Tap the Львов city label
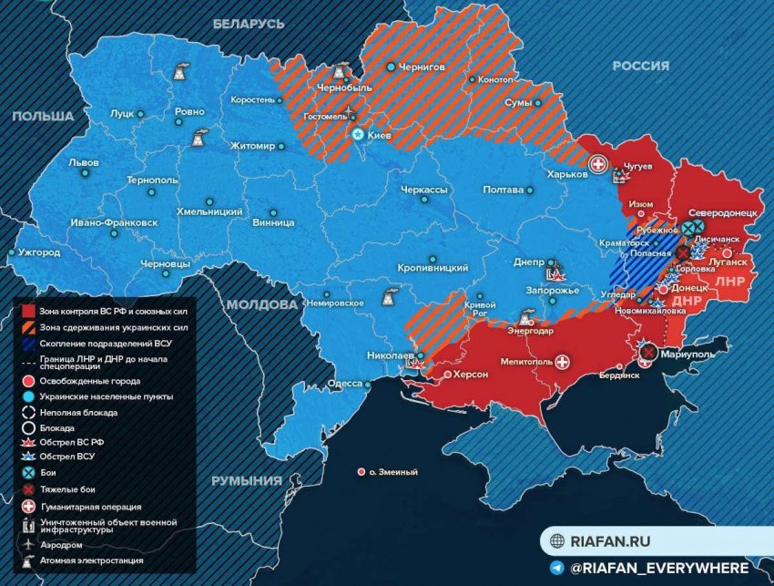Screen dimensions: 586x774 coord(87,162)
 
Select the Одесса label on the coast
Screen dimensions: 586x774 coord(345,384)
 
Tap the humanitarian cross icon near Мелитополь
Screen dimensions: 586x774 coord(565,362)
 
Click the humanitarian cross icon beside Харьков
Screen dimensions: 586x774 coord(598,164)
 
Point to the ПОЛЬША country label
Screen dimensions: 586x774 coord(42,117)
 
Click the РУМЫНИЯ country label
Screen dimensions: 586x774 coord(247,480)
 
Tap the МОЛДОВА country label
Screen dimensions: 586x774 coord(262,304)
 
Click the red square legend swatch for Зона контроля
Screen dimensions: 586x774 coord(27,312)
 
